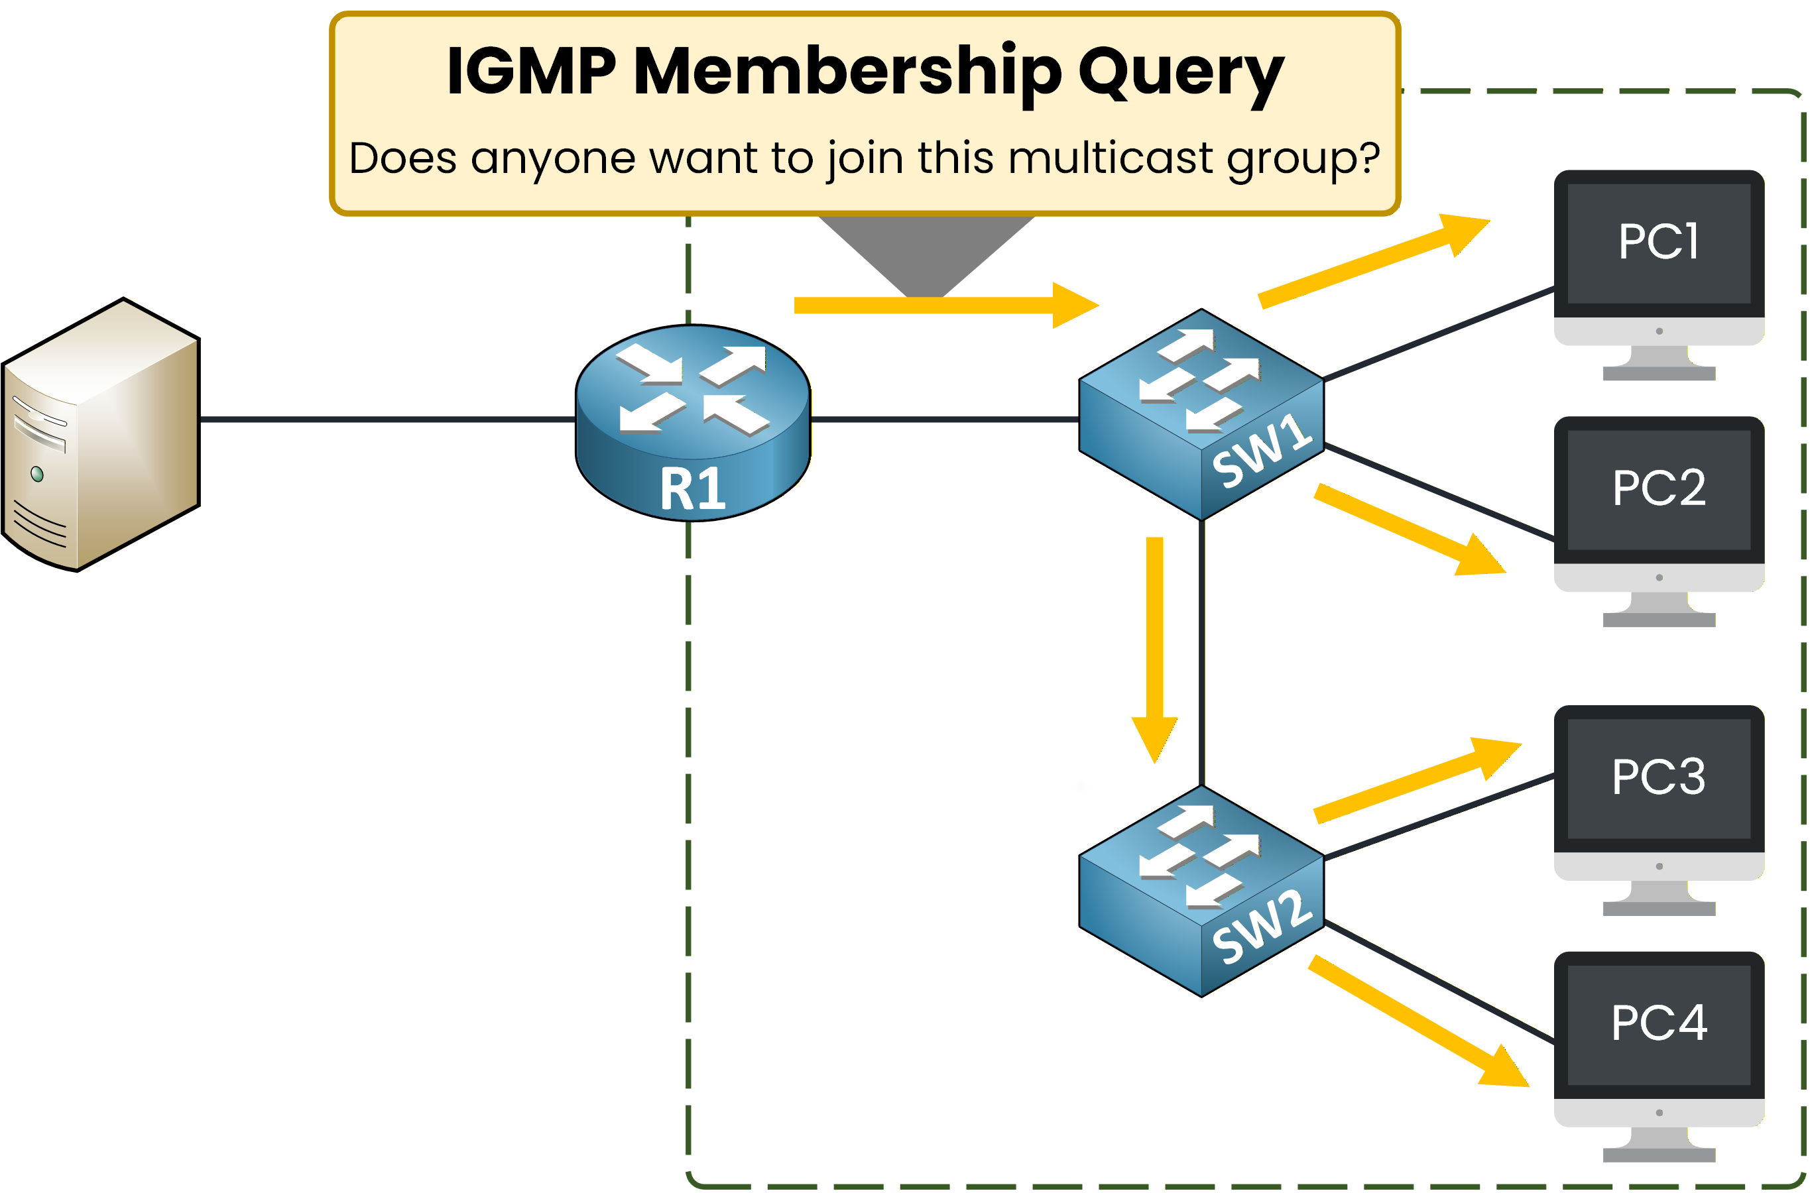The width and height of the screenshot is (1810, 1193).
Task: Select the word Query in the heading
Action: tap(1181, 74)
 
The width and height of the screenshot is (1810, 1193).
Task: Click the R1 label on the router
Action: tap(692, 488)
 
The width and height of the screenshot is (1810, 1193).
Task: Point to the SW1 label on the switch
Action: tap(1262, 451)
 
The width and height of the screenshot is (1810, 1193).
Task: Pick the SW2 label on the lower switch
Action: tap(1262, 927)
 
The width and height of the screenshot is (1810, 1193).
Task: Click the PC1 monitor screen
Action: tap(1659, 243)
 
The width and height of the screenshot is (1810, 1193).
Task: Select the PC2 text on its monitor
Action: tap(1659, 488)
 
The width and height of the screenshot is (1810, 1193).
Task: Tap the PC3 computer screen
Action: tap(1659, 777)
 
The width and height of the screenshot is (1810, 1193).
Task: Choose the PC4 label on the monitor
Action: tap(1659, 1023)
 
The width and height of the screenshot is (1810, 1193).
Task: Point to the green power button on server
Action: tap(36, 474)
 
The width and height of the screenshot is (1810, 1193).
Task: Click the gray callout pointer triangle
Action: tap(926, 251)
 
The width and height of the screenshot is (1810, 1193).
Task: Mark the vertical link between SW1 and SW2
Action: tap(1201, 654)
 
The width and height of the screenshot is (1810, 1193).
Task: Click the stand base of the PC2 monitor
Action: tap(1659, 621)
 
